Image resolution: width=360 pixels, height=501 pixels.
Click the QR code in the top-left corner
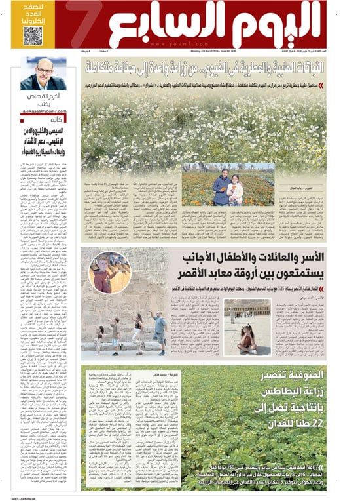pyautogui.click(x=33, y=35)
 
